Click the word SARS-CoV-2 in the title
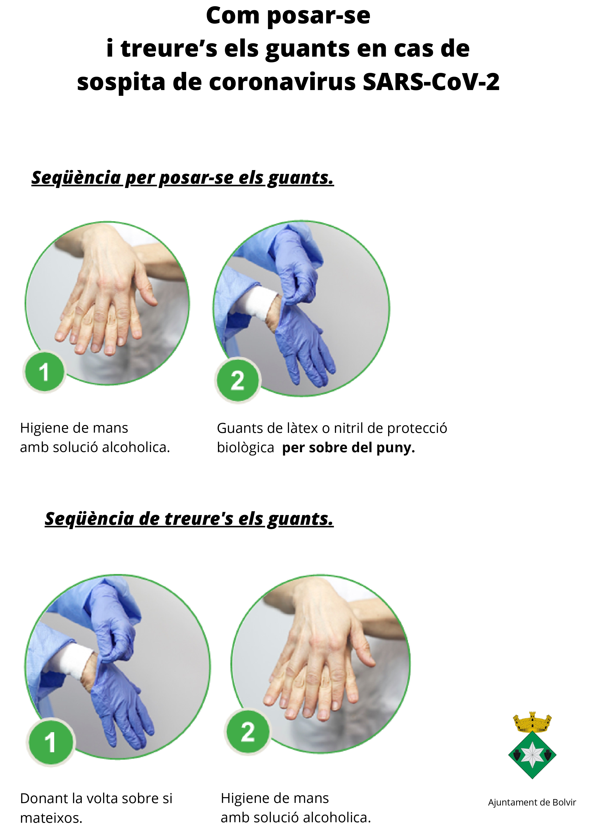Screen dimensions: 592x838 coord(431,82)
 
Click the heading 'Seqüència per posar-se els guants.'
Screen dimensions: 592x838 coord(182,178)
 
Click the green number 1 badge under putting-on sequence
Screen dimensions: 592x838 coord(44,372)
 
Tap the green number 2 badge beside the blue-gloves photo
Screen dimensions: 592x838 coord(238,381)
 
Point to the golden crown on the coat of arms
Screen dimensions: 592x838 coord(532,722)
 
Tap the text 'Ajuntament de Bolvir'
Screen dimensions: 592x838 coord(532,802)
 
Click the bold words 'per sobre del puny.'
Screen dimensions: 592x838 coord(349,447)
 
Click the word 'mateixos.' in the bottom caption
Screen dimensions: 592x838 coord(51,818)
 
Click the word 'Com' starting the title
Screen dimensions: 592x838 coord(233,16)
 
